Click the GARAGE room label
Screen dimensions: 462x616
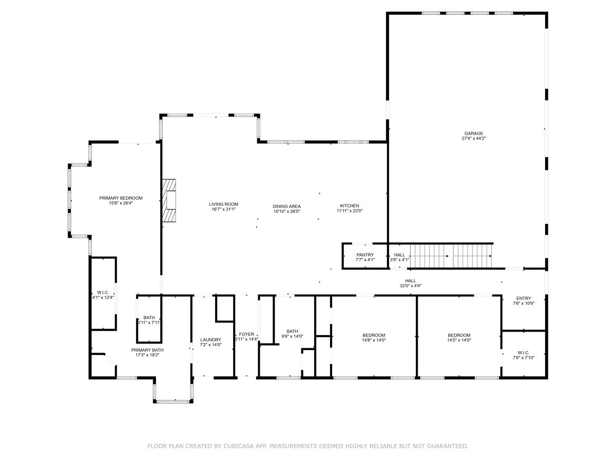coord(473,133)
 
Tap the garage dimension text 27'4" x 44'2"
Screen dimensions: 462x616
coord(473,139)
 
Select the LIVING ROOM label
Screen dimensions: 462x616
coord(223,204)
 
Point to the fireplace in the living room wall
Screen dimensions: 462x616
coord(169,200)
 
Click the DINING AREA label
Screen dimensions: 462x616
coord(286,206)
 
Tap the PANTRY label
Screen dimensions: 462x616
coord(365,255)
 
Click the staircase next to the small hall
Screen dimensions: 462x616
coord(451,256)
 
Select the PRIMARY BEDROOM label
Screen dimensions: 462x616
coord(121,198)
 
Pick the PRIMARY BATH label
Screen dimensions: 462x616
coord(147,350)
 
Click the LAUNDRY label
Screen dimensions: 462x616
coord(210,340)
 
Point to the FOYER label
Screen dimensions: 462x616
coord(246,334)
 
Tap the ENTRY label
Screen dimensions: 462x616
coord(524,298)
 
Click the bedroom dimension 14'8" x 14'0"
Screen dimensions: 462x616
coord(374,340)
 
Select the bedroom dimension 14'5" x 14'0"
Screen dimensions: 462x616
coord(458,340)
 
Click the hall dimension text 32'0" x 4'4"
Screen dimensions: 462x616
coord(410,286)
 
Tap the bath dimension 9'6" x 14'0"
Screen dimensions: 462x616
coord(292,336)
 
